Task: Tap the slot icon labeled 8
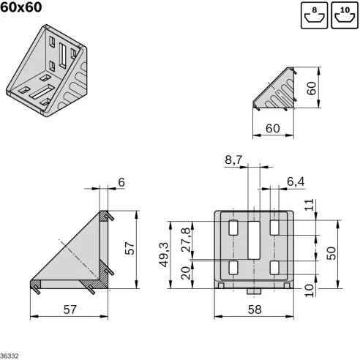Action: (x=313, y=15)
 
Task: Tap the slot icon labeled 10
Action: (x=344, y=15)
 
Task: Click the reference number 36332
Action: (x=10, y=356)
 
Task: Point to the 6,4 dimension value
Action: (x=297, y=181)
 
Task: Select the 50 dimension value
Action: (x=331, y=252)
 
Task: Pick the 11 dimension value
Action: (x=309, y=206)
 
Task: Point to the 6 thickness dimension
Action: (x=121, y=181)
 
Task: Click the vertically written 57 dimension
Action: (x=129, y=249)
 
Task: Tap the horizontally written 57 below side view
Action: (x=69, y=310)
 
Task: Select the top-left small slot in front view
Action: (x=233, y=228)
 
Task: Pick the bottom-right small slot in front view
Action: (x=275, y=269)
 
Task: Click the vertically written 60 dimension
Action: (x=312, y=89)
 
